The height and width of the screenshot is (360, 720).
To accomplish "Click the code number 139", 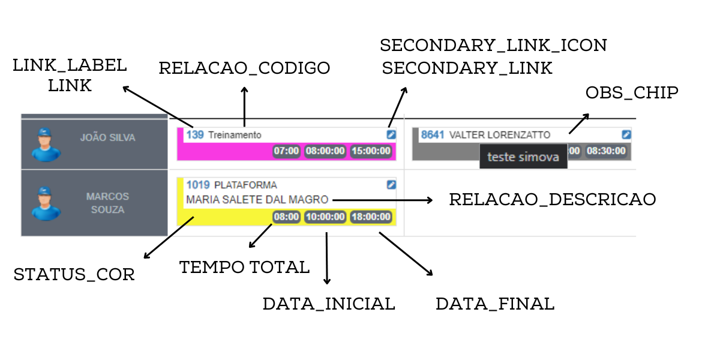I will point(194,135).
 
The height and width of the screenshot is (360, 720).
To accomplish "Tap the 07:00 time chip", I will point(286,151).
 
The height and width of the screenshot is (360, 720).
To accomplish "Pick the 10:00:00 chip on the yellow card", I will point(325,217).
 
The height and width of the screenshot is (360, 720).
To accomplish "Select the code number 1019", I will point(197,185).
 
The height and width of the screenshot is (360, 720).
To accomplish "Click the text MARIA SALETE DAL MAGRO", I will point(257,199).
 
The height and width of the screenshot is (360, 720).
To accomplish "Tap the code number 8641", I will point(432,135).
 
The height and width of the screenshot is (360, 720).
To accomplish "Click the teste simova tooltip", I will point(523,157).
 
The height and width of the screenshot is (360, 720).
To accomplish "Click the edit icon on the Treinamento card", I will point(391,135).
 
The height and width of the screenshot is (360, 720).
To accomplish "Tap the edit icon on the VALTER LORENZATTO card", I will point(626,135).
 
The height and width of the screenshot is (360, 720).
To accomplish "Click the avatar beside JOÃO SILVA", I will point(46,145).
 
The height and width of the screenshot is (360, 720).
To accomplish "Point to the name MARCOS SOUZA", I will point(107,203).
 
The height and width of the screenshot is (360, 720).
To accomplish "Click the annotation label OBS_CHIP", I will point(632,93).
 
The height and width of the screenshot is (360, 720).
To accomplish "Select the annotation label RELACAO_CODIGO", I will point(244,68).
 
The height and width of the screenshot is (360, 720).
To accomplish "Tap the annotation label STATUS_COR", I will point(74,275).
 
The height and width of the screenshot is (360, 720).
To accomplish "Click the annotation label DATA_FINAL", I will point(495,304).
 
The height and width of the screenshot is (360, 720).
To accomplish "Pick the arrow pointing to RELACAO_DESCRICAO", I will point(382,200).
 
